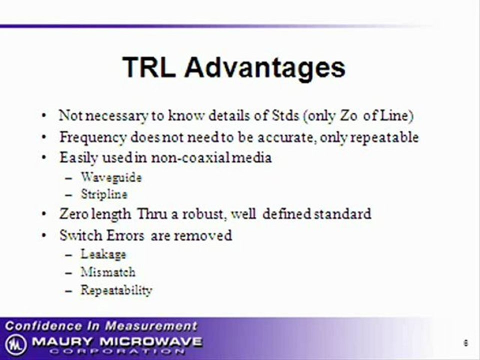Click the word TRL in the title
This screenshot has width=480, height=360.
[149, 67]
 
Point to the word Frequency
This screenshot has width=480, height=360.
[93, 137]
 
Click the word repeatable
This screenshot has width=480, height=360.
[384, 137]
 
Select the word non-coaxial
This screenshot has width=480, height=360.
[190, 158]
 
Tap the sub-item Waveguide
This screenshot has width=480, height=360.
[111, 177]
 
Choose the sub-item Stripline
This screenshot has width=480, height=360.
[104, 194]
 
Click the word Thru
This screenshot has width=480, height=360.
[152, 213]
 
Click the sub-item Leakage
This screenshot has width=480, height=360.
[103, 254]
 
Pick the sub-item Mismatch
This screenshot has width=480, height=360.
[108, 272]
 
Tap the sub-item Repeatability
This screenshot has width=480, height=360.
[116, 290]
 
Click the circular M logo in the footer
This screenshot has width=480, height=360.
[15, 344]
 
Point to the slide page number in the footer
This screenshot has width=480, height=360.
[465, 343]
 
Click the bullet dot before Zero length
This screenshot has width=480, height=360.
[44, 213]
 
